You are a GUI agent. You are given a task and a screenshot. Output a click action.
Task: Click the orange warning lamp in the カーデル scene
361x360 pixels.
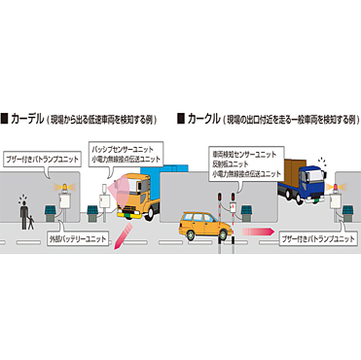click(x=67, y=184)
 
